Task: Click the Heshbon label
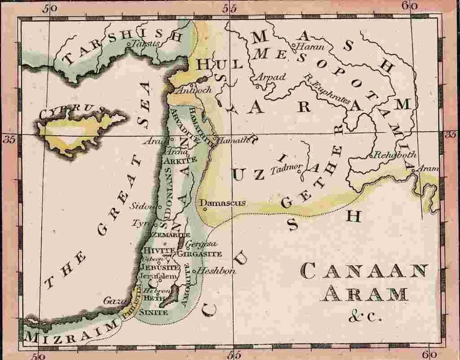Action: tap(218, 271)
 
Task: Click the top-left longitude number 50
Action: tap(51, 8)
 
